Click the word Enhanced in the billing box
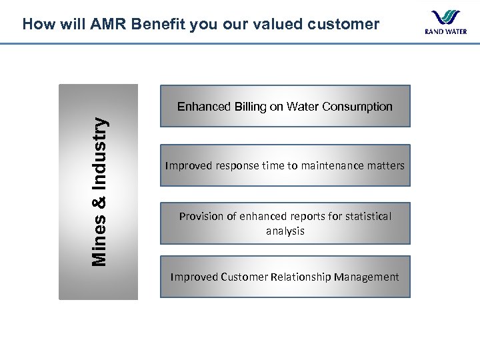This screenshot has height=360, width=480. pos(203,107)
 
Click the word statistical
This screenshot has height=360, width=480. pos(364,216)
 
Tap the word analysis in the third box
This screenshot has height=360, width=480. pos(285,231)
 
